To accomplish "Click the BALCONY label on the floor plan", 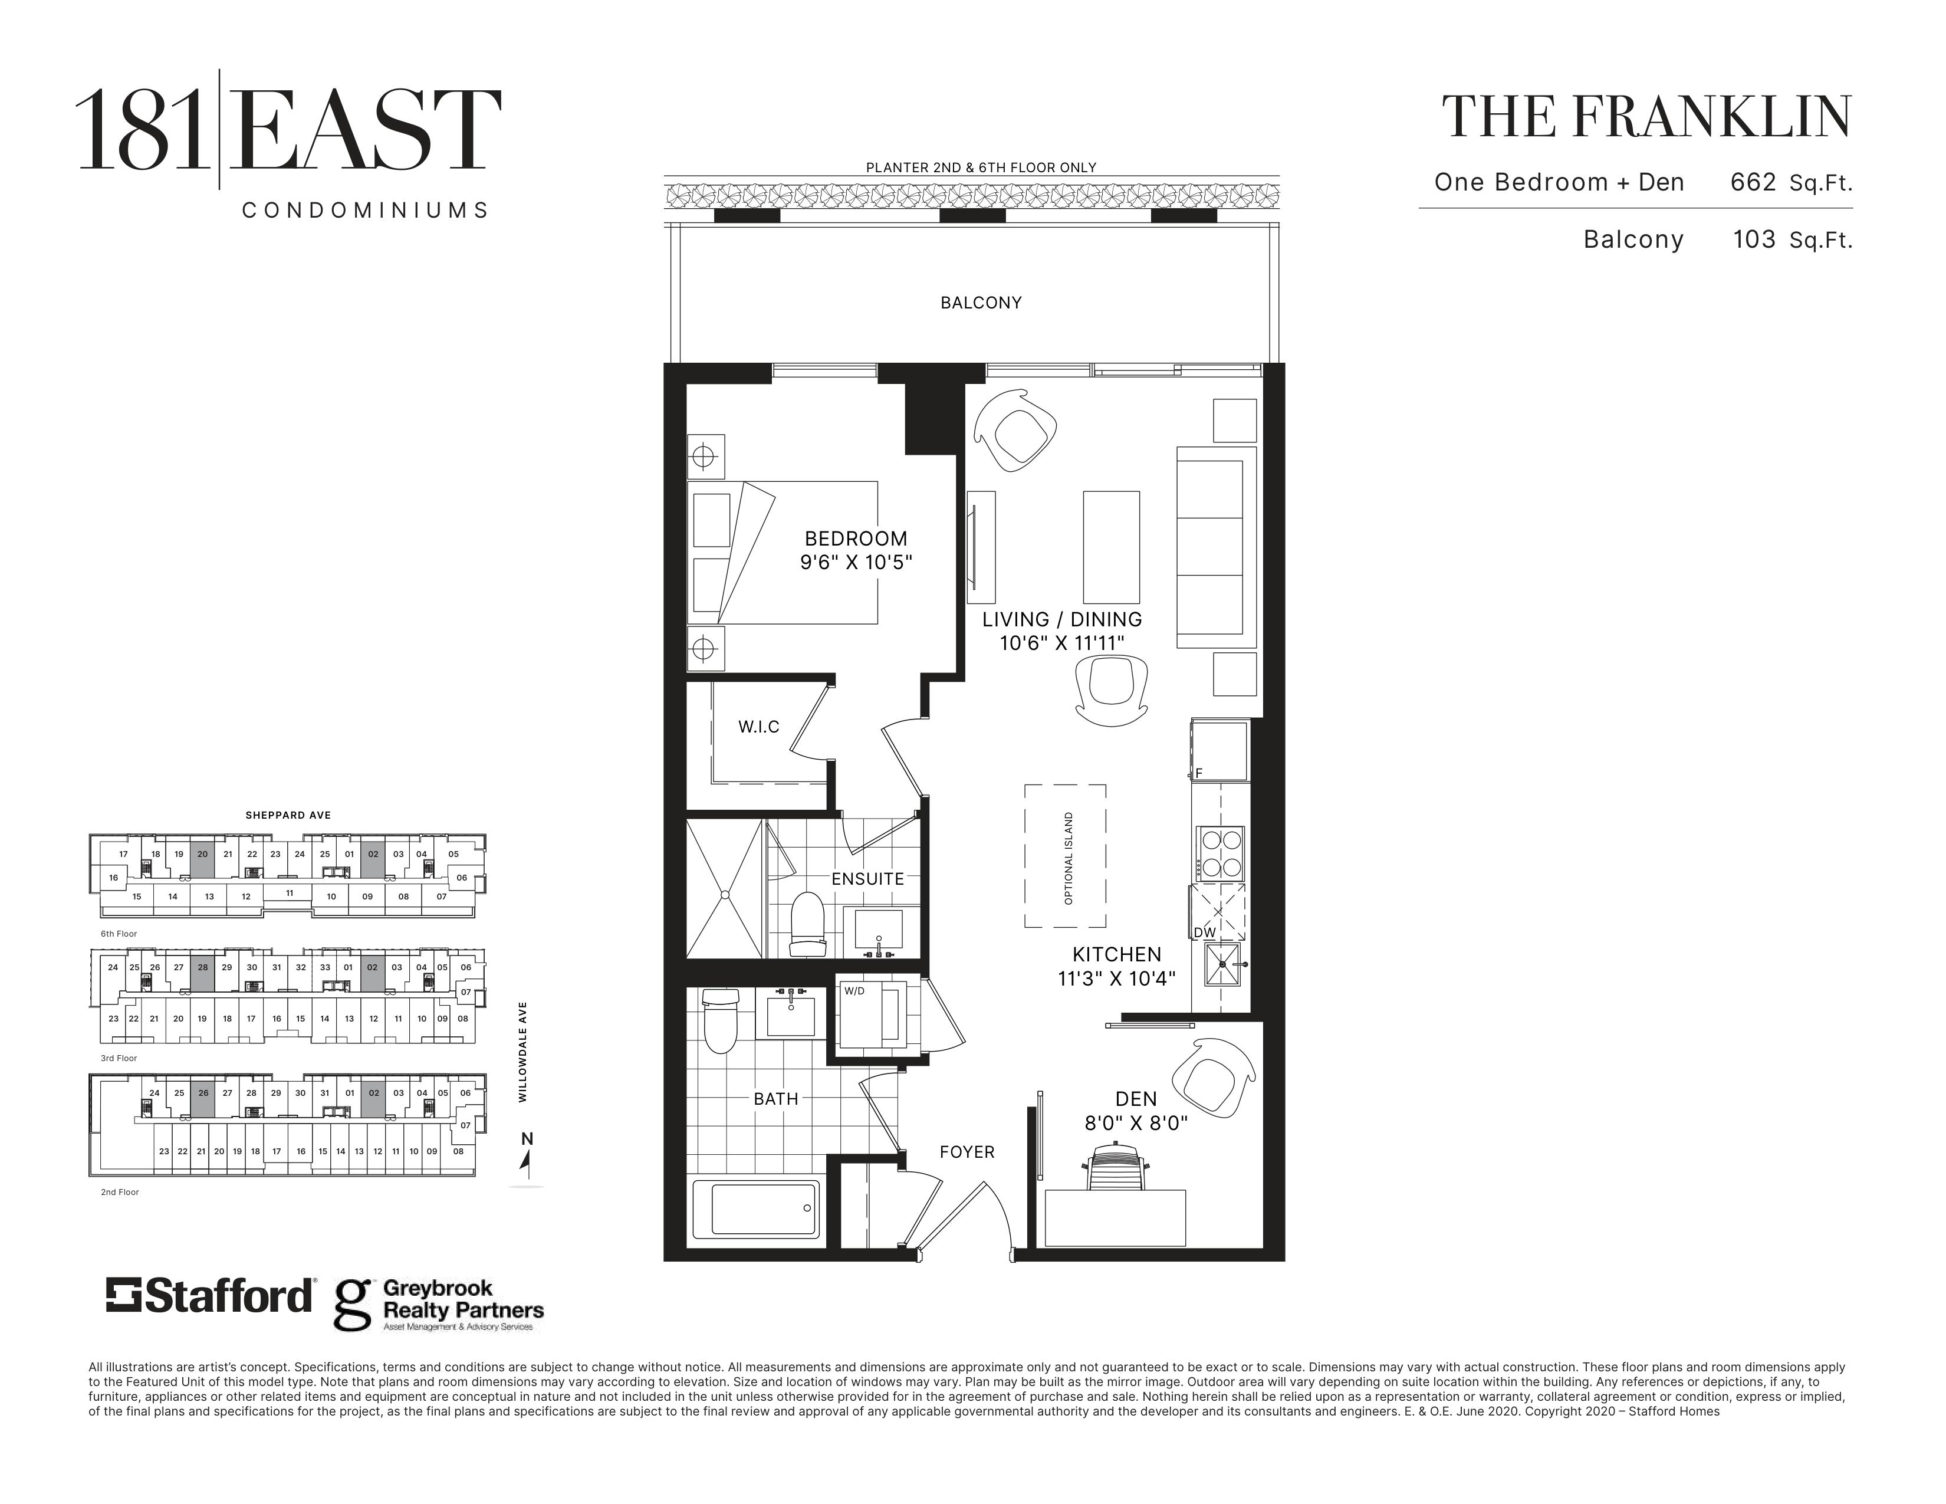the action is click(981, 303).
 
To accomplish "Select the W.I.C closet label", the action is click(758, 727).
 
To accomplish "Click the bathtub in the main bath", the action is click(765, 1209).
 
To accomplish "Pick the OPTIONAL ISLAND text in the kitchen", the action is click(1069, 858).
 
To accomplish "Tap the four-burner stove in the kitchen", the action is click(1220, 853).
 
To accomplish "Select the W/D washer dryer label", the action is click(854, 990).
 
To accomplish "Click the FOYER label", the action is click(967, 1152).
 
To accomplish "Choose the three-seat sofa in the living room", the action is click(1216, 547).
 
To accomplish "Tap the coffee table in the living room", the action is click(1111, 547).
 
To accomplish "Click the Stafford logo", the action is click(211, 1296).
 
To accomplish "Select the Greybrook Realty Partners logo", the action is click(438, 1305).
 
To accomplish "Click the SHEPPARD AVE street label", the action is click(288, 815).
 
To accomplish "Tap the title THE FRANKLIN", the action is click(1646, 117).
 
